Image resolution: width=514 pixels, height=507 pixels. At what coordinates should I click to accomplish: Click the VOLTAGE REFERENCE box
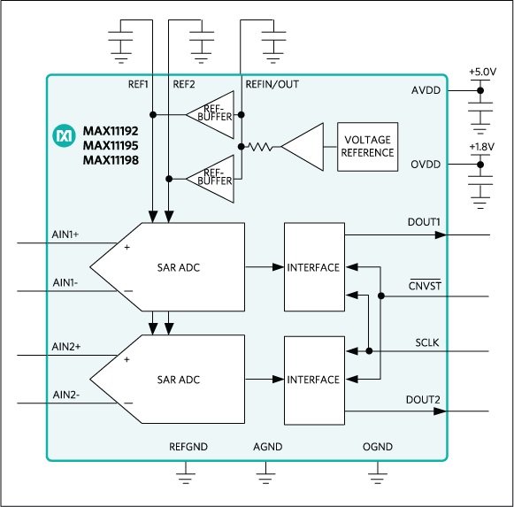pyautogui.click(x=367, y=147)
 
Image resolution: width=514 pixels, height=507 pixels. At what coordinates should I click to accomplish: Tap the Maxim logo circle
pyautogui.click(x=64, y=135)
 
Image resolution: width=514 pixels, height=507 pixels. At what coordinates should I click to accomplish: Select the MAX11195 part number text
pyautogui.click(x=111, y=145)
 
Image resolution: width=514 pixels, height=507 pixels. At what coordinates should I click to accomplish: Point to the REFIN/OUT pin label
pyautogui.click(x=272, y=84)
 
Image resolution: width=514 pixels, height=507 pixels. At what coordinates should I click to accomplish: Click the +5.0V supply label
pyautogui.click(x=482, y=72)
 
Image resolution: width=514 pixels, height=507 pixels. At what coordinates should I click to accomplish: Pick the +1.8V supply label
pyautogui.click(x=482, y=147)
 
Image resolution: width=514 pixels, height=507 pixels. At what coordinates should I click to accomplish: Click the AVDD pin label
pyautogui.click(x=426, y=90)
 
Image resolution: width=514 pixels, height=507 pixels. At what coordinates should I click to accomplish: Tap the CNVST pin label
pyautogui.click(x=425, y=286)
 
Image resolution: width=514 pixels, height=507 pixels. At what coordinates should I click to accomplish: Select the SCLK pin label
pyautogui.click(x=426, y=342)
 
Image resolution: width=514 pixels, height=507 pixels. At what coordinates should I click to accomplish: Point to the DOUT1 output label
pyautogui.click(x=424, y=222)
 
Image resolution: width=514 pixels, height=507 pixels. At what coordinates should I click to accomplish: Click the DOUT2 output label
pyautogui.click(x=423, y=400)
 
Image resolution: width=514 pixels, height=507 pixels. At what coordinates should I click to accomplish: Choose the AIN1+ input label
pyautogui.click(x=65, y=234)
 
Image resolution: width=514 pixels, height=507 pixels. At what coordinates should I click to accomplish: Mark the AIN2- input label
pyautogui.click(x=65, y=395)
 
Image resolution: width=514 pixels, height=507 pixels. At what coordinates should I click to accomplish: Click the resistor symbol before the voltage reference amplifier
pyautogui.click(x=261, y=147)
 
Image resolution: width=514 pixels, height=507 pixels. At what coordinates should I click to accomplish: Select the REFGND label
pyautogui.click(x=188, y=447)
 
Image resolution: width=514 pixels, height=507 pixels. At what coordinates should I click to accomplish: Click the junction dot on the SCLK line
pyautogui.click(x=369, y=351)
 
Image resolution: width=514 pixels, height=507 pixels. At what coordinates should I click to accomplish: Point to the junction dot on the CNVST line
pyautogui.click(x=381, y=296)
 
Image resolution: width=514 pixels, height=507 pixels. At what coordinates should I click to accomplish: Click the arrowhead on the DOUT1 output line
pyautogui.click(x=441, y=234)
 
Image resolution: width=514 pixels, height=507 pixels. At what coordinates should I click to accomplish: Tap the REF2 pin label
pyautogui.click(x=184, y=84)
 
